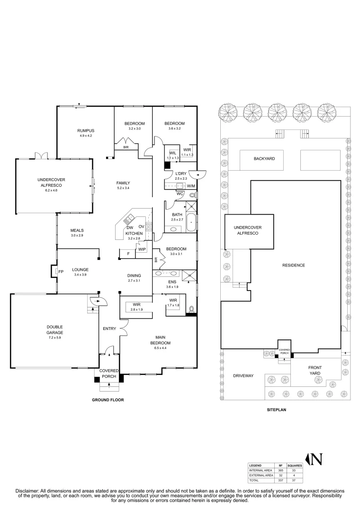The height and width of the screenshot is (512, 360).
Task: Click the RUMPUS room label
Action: tap(86, 130)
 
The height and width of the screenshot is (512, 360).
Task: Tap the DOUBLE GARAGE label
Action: tap(54, 329)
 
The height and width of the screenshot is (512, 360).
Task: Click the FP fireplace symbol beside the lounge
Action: tap(61, 271)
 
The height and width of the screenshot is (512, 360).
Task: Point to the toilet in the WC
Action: tap(193, 195)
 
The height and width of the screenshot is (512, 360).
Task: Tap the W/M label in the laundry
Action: tap(191, 185)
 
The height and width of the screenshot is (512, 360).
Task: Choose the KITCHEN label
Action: tap(134, 234)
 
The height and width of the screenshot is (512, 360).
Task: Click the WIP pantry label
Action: tap(142, 249)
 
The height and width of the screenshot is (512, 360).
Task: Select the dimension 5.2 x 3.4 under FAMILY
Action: tap(123, 188)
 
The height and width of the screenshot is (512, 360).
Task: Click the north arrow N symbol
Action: tap(316, 459)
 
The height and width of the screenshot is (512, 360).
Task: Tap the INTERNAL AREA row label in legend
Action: tap(261, 470)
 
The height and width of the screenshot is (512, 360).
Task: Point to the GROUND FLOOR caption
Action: tap(108, 400)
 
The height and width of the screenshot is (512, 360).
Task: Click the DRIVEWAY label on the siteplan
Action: tap(243, 375)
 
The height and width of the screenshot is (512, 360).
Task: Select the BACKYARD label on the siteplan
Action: tap(264, 159)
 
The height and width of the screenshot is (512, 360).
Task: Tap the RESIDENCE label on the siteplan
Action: tap(293, 265)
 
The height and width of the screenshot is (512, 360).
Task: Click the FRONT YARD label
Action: tap(315, 370)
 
